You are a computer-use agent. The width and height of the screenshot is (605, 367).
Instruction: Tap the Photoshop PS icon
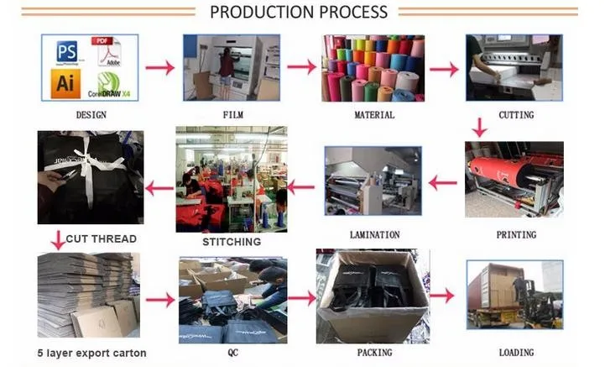pyautogui.click(x=68, y=51)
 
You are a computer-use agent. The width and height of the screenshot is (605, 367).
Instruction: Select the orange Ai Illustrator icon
pyautogui.click(x=66, y=83)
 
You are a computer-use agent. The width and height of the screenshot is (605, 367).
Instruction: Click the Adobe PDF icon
pyautogui.click(x=108, y=51)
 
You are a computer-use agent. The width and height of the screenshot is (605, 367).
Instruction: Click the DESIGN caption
pyautogui.click(x=91, y=114)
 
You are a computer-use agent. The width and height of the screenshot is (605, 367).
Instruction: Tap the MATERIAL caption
pyautogui.click(x=374, y=114)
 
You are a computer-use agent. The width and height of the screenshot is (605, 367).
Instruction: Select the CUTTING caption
pyautogui.click(x=515, y=114)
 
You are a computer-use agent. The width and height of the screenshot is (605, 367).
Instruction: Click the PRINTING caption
pyautogui.click(x=515, y=234)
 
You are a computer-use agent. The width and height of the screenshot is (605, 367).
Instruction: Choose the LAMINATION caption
pyautogui.click(x=374, y=234)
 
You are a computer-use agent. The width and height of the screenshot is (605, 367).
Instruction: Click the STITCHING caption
pyautogui.click(x=232, y=242)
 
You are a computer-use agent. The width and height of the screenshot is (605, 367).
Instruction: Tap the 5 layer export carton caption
pyautogui.click(x=91, y=353)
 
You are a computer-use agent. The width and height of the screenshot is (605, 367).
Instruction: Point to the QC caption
pyautogui.click(x=232, y=353)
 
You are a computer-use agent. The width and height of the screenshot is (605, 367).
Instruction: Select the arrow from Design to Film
pyautogui.click(x=159, y=68)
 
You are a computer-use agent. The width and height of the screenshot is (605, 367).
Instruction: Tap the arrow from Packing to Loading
pyautogui.click(x=442, y=296)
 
